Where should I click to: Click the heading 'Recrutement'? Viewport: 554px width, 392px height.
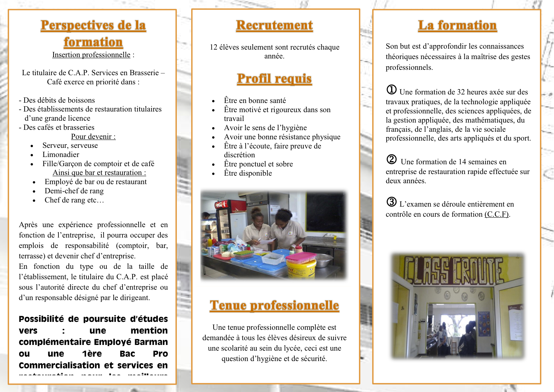(x=274, y=25)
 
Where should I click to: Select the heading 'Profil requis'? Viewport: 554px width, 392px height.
(x=274, y=79)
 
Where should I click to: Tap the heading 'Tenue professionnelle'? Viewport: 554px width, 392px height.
(x=274, y=305)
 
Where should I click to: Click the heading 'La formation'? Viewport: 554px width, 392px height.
(x=457, y=25)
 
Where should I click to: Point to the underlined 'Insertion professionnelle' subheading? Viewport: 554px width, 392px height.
(x=91, y=55)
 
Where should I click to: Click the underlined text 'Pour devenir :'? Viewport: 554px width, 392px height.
(x=93, y=137)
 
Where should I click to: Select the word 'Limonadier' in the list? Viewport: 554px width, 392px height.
(x=61, y=155)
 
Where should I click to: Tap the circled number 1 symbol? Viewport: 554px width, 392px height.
(x=391, y=90)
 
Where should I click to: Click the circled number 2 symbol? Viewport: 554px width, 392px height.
(x=391, y=160)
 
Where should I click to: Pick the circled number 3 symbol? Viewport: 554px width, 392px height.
(x=391, y=202)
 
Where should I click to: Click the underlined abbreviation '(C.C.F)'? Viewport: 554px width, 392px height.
(x=497, y=214)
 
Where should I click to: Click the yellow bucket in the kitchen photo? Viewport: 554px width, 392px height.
(x=301, y=268)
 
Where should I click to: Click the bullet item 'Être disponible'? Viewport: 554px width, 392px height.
(x=248, y=173)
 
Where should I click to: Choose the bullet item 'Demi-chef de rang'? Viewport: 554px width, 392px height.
(x=74, y=191)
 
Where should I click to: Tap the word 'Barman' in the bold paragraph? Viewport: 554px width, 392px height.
(x=151, y=342)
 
